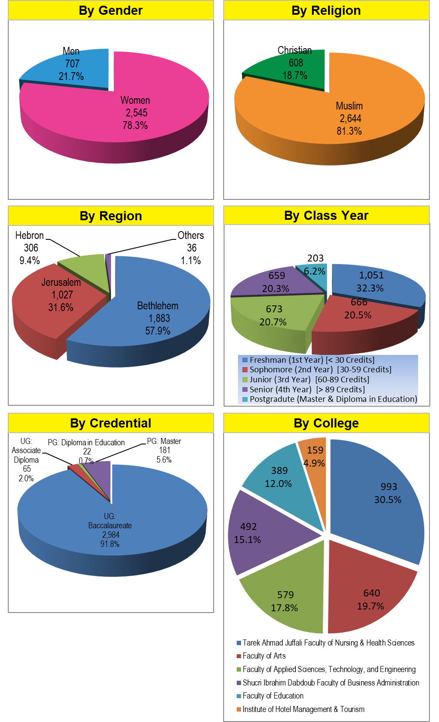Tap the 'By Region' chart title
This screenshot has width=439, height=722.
tap(111, 216)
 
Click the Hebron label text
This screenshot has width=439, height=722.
tap(30, 235)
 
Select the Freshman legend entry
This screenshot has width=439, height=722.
tap(308, 360)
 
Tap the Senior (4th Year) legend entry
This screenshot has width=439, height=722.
tap(303, 389)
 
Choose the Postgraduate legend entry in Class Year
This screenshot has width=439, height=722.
tap(329, 399)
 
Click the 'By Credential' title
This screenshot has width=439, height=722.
tap(111, 423)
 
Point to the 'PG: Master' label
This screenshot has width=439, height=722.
tap(164, 441)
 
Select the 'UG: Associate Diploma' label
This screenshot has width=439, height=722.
tap(26, 455)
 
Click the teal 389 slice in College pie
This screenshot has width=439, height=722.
tap(283, 482)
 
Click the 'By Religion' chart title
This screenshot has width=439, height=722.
tap(326, 10)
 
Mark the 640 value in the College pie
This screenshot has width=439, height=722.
tap(372, 593)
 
